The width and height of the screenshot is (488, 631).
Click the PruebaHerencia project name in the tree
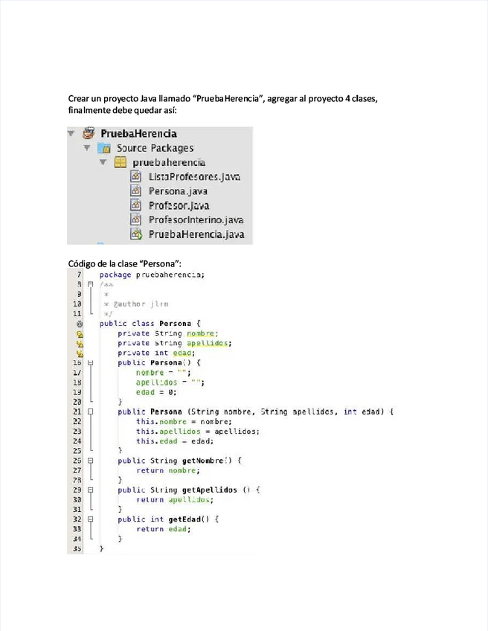[144, 134]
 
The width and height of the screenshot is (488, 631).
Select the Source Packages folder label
[155, 148]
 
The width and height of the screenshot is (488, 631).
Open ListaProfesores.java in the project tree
[193, 177]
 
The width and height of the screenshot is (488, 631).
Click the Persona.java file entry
[178, 191]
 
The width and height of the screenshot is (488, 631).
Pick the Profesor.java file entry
[179, 205]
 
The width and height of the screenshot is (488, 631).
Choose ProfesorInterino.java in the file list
[196, 220]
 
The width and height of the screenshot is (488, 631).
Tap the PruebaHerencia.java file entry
[196, 234]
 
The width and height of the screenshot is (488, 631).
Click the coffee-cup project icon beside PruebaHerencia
[89, 134]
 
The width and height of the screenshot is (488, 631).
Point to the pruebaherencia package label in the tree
[169, 162]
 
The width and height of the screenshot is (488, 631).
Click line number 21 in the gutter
[77, 411]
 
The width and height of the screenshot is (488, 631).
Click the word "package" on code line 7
[115, 275]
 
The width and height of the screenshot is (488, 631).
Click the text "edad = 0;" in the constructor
[155, 391]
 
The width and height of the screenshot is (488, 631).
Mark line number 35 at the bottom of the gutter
[77, 548]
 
